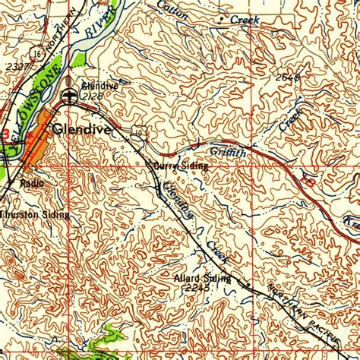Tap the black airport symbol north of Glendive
[x=71, y=94]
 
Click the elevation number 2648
[x=289, y=78]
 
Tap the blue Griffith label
[x=228, y=153]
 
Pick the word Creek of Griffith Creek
[x=290, y=121]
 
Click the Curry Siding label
[x=181, y=166]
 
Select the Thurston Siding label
[x=34, y=215]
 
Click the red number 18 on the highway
[x=308, y=180]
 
